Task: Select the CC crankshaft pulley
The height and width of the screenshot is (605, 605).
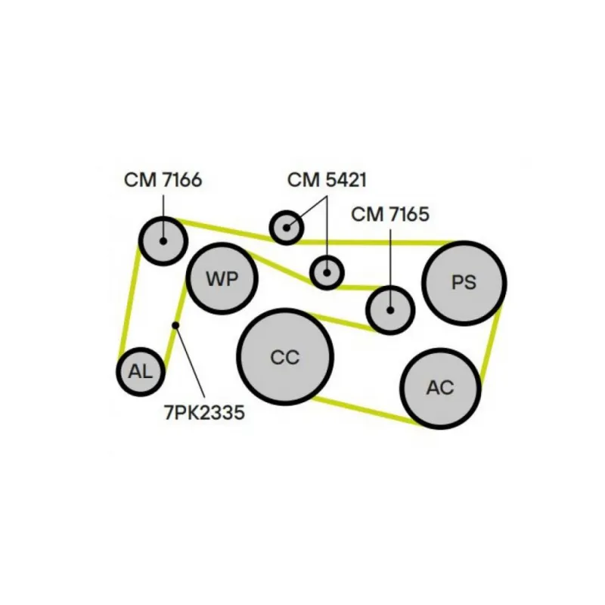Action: pos(285,355)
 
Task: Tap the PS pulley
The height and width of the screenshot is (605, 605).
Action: pos(464,283)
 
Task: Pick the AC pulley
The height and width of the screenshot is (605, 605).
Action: pos(440,388)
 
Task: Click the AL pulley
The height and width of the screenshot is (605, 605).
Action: pos(141,371)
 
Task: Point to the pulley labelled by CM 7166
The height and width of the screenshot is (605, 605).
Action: pos(163,240)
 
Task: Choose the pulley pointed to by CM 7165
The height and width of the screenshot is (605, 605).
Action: pos(390,309)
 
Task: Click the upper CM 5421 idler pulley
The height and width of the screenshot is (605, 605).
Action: pos(286,225)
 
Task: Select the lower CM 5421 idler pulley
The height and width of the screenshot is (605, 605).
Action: pos(327,271)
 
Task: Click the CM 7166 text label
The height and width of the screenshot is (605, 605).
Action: pos(163,180)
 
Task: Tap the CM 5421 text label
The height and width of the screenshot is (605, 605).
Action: pos(327,180)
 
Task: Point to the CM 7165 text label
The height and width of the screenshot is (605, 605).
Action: pos(389,214)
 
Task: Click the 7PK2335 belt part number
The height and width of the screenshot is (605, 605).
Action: pos(204,413)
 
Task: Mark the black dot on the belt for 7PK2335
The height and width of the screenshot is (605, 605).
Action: pos(175,325)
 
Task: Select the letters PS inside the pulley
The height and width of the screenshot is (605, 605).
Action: pos(464,283)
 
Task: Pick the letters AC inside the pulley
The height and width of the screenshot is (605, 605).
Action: pos(440,388)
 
